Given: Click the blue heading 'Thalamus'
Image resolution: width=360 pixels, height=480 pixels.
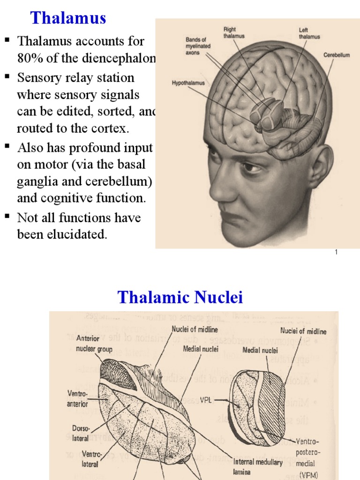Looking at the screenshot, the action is pos(68,18).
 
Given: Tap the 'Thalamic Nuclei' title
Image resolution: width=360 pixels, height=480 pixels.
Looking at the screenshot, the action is pos(180,297).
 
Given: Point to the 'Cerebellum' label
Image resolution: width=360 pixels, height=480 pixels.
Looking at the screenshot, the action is pos(336,55).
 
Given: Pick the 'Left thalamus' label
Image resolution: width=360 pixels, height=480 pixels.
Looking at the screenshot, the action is pos(309,33).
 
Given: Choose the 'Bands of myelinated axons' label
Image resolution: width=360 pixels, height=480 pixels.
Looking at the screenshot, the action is pos(198,46).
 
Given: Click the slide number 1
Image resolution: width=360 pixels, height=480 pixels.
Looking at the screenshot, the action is pos(336,252).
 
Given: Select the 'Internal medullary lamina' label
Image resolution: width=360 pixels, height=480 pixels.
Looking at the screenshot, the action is pos(258,467).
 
